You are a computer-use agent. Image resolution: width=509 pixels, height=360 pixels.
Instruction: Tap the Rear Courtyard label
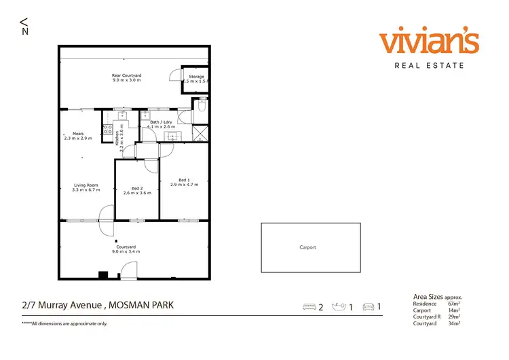[x=126, y=75]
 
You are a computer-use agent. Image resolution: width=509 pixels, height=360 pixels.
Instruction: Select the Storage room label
[x=196, y=77]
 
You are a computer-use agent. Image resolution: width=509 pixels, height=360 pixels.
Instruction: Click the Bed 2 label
[x=136, y=188]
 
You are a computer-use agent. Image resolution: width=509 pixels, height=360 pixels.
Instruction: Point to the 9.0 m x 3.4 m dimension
[x=126, y=252]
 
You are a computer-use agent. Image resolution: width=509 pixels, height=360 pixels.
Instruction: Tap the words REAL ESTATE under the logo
[x=429, y=66]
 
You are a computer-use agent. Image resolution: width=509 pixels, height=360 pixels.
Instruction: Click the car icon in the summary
[x=369, y=308]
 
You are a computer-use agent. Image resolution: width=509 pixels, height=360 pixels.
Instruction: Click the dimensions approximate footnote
[x=64, y=323]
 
